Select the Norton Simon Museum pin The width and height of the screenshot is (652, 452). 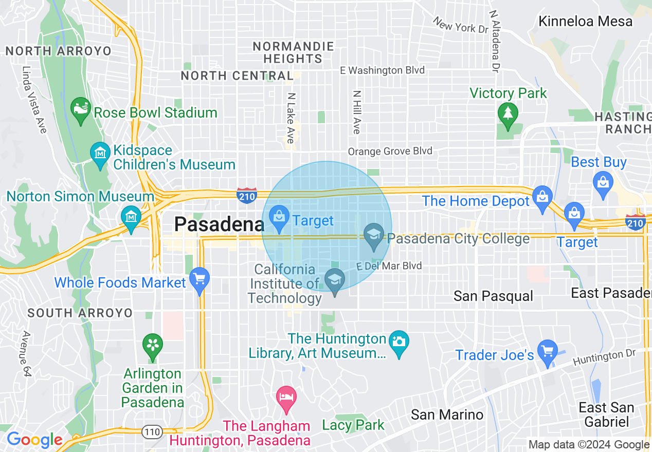[x=132, y=218]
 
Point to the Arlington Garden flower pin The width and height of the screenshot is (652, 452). [x=152, y=346]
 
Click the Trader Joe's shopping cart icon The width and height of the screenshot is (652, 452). [x=547, y=352]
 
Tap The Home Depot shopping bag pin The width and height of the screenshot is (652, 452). [x=541, y=198]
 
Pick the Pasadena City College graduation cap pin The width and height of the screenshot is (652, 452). [x=373, y=236]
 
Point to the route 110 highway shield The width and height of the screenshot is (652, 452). [x=152, y=432]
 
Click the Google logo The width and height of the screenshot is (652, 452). [x=34, y=440]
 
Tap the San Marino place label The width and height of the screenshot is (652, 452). [x=447, y=415]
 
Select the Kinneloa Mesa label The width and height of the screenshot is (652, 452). [x=585, y=21]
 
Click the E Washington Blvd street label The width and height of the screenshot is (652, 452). [x=384, y=70]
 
